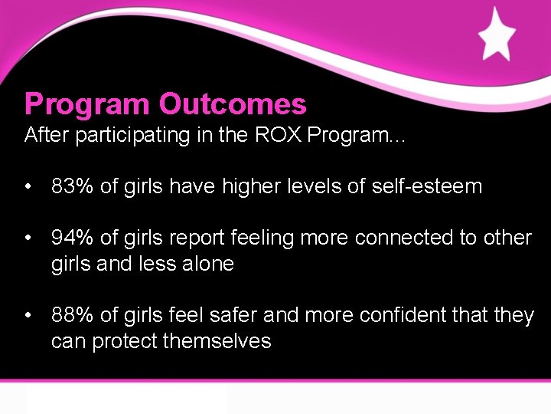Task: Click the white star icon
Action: pyautogui.click(x=497, y=34)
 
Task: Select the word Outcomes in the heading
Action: pyautogui.click(x=233, y=103)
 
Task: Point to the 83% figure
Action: pyautogui.click(x=72, y=186)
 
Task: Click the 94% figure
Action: pyautogui.click(x=72, y=238)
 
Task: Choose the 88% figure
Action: pyautogui.click(x=72, y=315)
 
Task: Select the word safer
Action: pyautogui.click(x=230, y=315)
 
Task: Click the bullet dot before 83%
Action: pyautogui.click(x=28, y=186)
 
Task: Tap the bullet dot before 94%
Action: pyautogui.click(x=28, y=238)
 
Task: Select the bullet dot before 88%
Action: pyautogui.click(x=28, y=315)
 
